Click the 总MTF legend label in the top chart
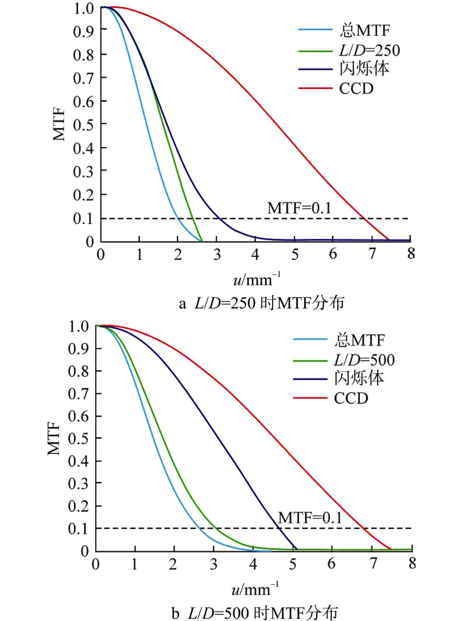[364, 30]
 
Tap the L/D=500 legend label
[364, 360]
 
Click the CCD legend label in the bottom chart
[351, 398]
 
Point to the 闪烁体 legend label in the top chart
[364, 69]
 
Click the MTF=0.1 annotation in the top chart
[299, 208]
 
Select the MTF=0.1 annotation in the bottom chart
[310, 518]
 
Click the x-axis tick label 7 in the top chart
[372, 254]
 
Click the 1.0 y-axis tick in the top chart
[83, 9]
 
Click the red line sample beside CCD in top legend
[315, 88]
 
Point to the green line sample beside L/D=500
[310, 360]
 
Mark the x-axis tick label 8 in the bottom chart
[412, 563]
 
